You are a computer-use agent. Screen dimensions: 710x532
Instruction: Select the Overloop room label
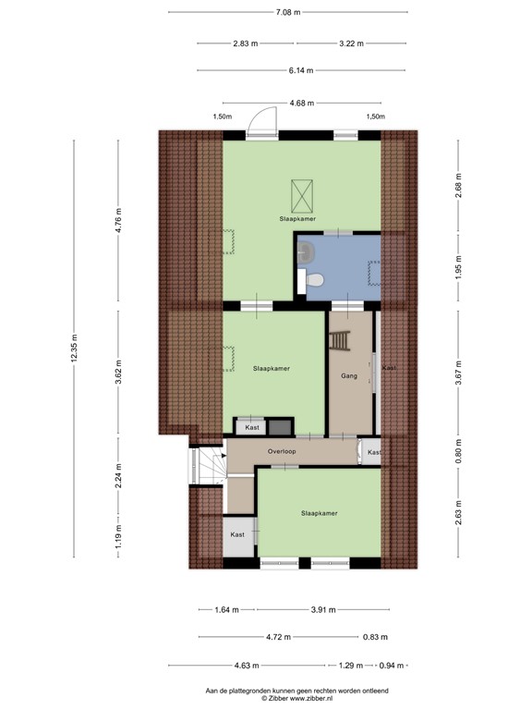pos(282,451)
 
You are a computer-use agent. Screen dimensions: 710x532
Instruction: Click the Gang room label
pos(348,376)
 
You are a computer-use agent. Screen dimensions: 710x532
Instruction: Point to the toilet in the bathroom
pos(315,280)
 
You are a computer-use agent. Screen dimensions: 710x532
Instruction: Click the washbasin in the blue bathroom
pos(308,252)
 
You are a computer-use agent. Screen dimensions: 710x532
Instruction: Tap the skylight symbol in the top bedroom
pos(300,193)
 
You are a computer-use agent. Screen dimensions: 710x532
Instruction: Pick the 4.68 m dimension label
pos(302,103)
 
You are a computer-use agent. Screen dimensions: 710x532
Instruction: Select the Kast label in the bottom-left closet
pos(237,534)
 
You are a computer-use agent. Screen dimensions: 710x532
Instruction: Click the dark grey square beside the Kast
pos(278,427)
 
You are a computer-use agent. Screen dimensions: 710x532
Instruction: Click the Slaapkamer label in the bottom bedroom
pos(319,513)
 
